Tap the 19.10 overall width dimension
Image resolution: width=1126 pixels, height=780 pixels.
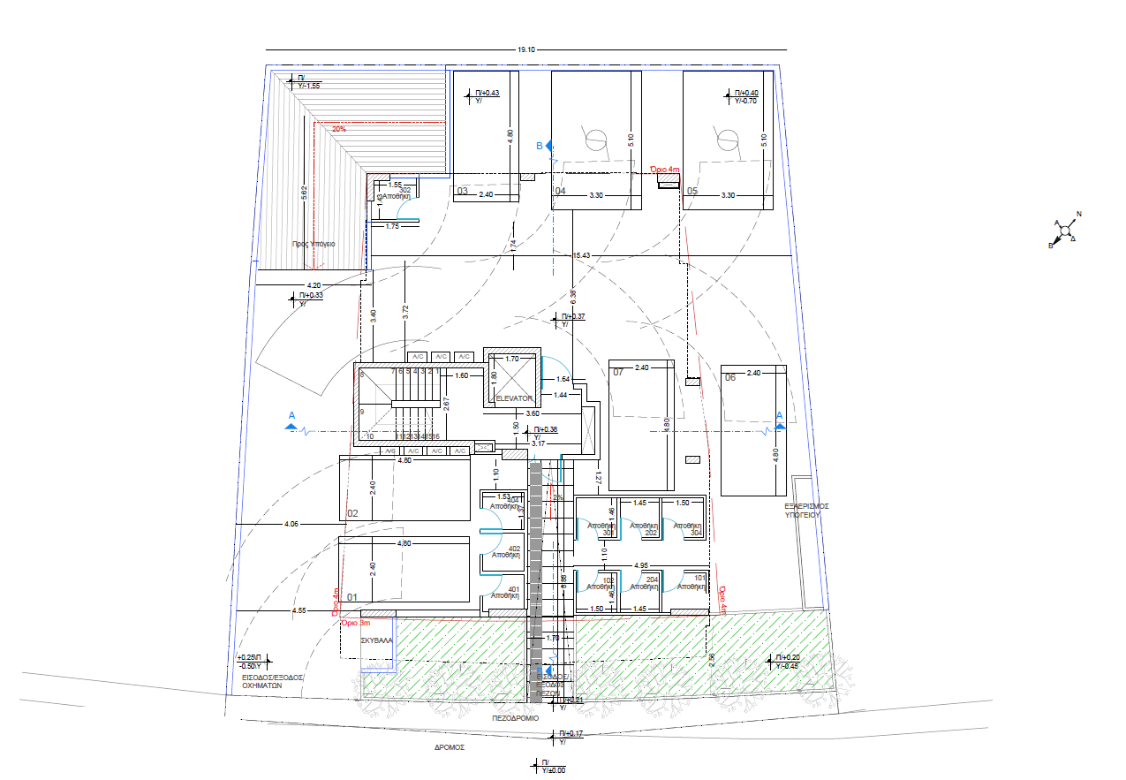point(526,50)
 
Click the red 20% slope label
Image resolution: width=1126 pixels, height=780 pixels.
point(339,129)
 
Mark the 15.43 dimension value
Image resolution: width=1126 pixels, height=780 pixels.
point(581,255)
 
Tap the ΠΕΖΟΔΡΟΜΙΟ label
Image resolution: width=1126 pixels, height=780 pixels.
point(515,718)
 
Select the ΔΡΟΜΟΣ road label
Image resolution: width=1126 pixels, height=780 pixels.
point(449,746)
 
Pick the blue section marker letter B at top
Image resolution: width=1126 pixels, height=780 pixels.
point(540,146)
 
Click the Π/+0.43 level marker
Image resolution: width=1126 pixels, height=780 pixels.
point(487,93)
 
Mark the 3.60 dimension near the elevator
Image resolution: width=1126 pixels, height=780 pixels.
point(533,413)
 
